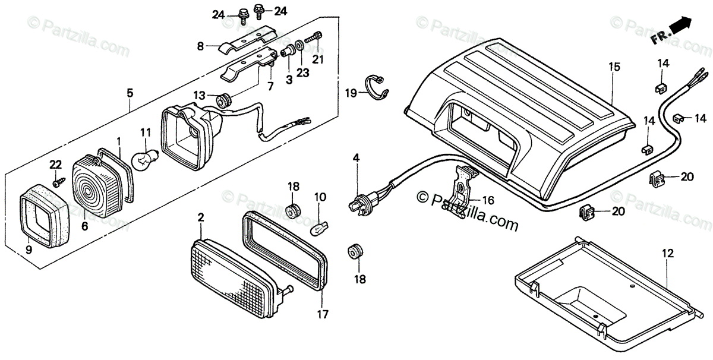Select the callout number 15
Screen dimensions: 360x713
614,67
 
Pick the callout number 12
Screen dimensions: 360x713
668,254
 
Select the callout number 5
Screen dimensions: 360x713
130,93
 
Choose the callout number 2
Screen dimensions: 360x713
201,218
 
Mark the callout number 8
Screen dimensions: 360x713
200,45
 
